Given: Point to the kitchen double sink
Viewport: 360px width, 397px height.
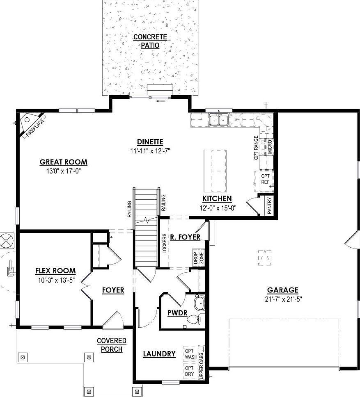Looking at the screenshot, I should tap(218, 120).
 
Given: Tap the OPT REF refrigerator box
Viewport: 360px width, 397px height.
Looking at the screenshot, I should tap(265, 179).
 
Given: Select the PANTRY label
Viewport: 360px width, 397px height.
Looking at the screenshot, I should tap(269, 205).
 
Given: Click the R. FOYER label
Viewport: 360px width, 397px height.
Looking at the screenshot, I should tap(185, 237).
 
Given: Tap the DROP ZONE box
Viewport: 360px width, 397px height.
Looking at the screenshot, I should tap(199, 258).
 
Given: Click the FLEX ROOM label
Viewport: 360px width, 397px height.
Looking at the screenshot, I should tap(55, 271).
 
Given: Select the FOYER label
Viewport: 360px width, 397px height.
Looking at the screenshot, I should tap(113, 290).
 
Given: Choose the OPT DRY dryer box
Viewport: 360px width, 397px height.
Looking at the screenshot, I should tap(189, 371).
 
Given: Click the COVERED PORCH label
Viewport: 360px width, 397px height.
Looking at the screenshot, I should tap(111, 345).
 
